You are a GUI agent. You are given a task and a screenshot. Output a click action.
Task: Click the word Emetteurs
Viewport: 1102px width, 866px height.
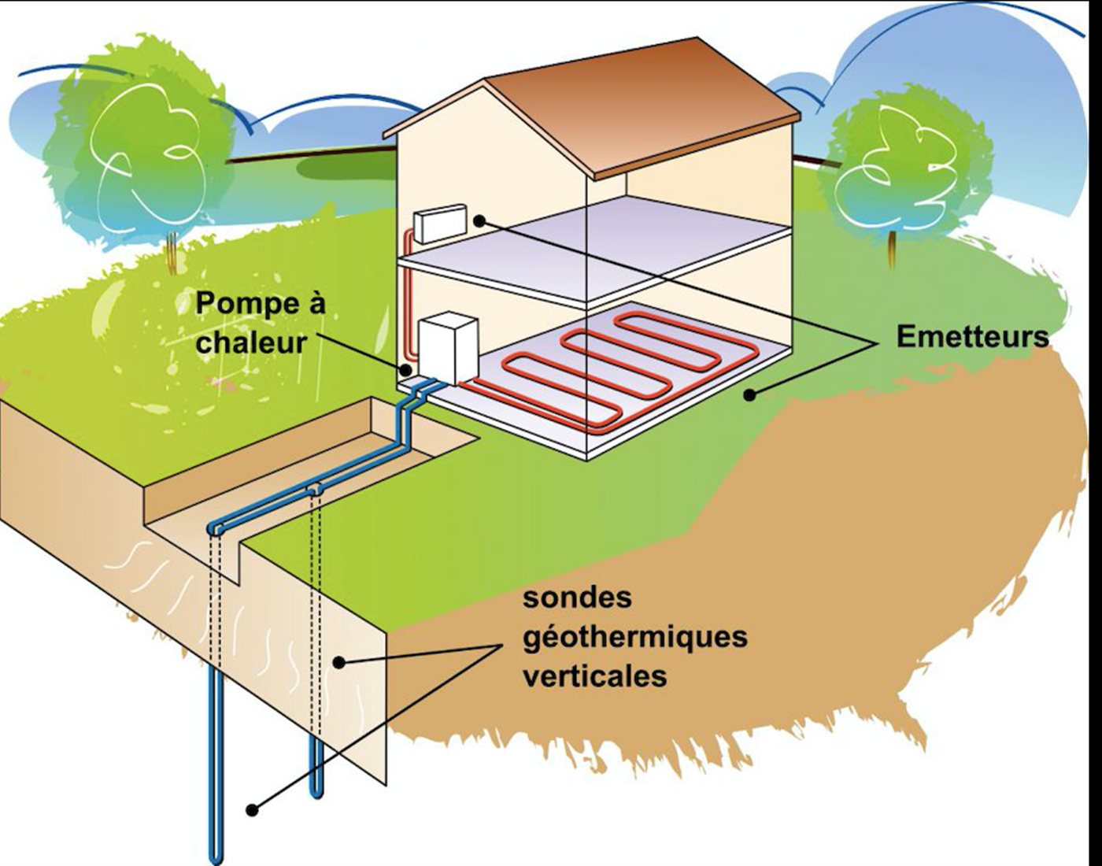pos(972,337)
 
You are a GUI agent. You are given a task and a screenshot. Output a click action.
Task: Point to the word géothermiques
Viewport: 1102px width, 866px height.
pos(634,636)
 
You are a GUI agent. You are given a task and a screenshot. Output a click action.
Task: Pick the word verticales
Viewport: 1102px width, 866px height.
pos(594,675)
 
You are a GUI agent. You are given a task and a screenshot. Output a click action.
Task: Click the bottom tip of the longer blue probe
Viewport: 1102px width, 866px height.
pos(215,858)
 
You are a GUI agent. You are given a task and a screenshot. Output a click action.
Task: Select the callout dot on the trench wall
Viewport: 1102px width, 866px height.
pos(339,663)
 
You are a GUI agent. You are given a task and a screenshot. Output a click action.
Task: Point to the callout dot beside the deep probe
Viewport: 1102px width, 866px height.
pos(252,809)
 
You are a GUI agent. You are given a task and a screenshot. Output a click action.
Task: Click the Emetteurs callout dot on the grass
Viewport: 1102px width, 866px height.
pos(751,394)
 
